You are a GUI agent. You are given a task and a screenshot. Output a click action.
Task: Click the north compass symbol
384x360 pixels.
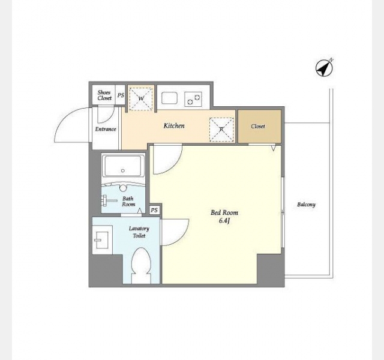tap(324, 68)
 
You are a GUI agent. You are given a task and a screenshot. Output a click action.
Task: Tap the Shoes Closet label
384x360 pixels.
tap(104, 95)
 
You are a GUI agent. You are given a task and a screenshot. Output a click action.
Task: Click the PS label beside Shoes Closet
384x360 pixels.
tap(121, 95)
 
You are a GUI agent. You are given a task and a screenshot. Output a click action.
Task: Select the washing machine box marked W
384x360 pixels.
tap(141, 98)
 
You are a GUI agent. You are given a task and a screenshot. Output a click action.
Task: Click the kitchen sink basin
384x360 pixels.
tap(169, 98)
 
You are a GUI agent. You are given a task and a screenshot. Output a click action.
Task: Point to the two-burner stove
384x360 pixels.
tap(193, 99)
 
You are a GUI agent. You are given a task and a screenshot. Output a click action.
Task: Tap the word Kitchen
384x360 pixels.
tap(174, 126)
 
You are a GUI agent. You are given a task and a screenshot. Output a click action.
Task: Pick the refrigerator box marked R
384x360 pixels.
tap(221, 130)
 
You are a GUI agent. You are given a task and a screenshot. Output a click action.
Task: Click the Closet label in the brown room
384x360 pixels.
tap(258, 127)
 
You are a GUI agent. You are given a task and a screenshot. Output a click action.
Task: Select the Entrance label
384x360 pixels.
tap(106, 129)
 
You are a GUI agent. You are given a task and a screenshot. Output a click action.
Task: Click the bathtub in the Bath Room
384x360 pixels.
tap(122, 166)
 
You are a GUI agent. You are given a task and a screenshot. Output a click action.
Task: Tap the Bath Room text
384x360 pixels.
tap(128, 202)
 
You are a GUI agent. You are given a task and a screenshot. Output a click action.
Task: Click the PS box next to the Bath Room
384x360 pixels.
tap(154, 210)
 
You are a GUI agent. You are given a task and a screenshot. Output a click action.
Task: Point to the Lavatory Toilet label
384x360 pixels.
tap(139, 232)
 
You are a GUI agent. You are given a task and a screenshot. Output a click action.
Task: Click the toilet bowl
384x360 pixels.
tap(142, 265)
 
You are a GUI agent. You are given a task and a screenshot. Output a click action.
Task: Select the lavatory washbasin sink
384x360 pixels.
tap(102, 240)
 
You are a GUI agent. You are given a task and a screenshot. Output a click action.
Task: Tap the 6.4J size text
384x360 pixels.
tap(224, 221)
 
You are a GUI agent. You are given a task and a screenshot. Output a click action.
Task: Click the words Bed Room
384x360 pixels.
tap(224, 212)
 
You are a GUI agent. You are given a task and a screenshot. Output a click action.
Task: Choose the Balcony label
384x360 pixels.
tap(306, 205)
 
